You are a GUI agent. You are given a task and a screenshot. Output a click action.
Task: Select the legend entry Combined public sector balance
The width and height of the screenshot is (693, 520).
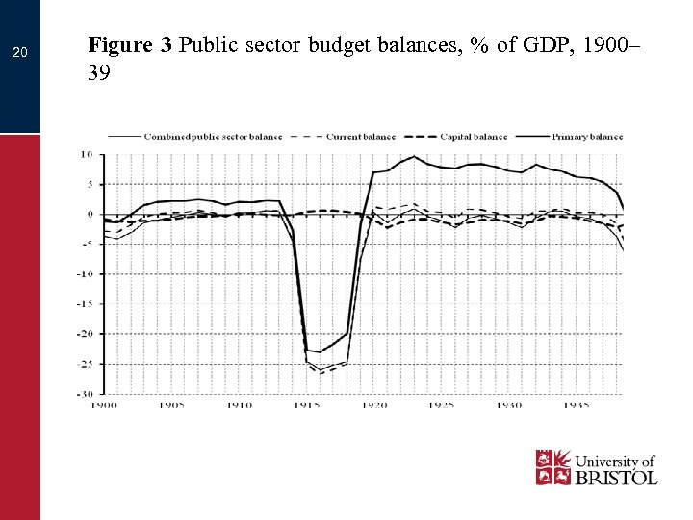pos(212,137)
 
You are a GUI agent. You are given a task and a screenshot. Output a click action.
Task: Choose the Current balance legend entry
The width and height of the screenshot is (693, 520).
pos(361,137)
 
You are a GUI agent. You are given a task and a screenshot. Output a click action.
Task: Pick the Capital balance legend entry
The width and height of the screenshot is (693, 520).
pos(474,137)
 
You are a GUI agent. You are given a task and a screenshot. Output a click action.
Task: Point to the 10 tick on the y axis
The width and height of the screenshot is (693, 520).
pos(86,154)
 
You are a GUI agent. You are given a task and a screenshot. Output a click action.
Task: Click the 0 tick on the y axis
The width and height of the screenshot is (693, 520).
pos(89,214)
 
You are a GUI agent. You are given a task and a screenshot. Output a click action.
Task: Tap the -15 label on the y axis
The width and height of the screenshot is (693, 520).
pos(85,303)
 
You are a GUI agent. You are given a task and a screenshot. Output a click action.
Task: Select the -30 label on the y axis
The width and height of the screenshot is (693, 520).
pos(85,394)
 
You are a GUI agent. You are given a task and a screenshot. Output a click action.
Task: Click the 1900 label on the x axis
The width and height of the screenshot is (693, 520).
pos(104,405)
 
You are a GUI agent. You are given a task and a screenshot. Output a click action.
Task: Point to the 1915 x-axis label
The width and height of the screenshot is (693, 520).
pos(307,405)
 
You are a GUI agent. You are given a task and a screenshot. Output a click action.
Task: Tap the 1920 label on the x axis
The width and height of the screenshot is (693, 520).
pos(374,405)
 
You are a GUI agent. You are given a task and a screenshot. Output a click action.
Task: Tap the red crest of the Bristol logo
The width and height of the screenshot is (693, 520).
pos(552,467)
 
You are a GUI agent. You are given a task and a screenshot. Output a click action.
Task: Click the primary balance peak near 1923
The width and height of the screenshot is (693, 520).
pos(415,156)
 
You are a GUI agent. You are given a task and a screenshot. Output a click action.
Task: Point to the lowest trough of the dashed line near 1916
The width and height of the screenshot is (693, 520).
pos(321,372)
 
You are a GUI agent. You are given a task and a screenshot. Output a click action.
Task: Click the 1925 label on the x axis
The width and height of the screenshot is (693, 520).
pos(442,405)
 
